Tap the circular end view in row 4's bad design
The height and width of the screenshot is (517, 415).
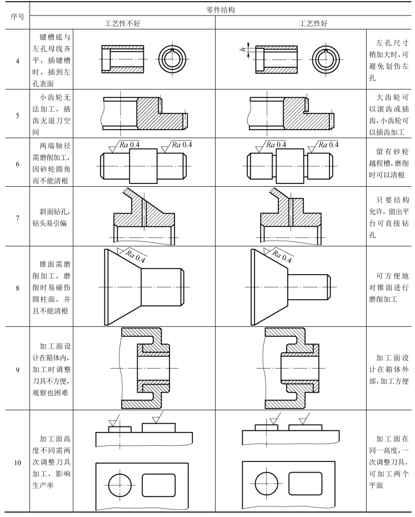[173, 58]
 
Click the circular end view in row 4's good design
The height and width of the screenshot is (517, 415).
[326, 58]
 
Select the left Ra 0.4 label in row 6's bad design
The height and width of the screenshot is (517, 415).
[127, 145]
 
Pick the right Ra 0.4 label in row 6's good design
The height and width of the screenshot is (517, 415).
[328, 145]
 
